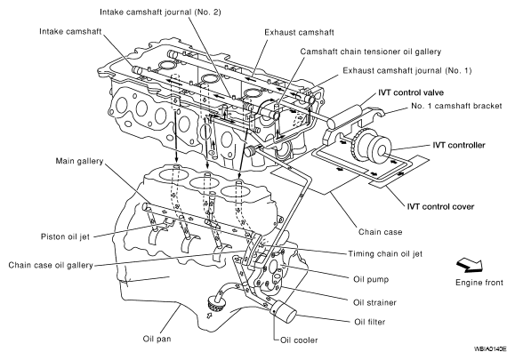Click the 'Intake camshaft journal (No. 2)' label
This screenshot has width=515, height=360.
pos(160,12)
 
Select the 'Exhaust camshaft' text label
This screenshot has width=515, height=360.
pos(299,32)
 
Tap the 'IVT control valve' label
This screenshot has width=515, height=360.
pos(411,92)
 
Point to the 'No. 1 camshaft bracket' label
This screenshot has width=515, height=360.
pos(456,106)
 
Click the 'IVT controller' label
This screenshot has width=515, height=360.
pos(459,145)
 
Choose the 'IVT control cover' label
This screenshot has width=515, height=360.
pos(440,207)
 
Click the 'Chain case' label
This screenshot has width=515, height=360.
pos(380,232)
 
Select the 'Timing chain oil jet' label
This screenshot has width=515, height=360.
pos(385,253)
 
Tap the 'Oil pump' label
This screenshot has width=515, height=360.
pos(371,280)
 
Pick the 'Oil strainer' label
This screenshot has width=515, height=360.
pos(374,302)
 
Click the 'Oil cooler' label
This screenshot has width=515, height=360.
pos(299,340)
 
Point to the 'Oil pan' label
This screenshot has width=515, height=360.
pos(157,339)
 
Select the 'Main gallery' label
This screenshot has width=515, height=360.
pos(79,161)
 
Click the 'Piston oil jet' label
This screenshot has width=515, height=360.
pos(65,236)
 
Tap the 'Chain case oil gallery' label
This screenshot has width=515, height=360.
pos(51,265)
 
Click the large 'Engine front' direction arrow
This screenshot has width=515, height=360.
pos(470,265)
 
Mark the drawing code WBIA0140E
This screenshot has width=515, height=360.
pos(490,349)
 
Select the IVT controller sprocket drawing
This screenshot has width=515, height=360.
pos(371,145)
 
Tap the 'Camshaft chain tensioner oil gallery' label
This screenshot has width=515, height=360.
pos(371,52)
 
